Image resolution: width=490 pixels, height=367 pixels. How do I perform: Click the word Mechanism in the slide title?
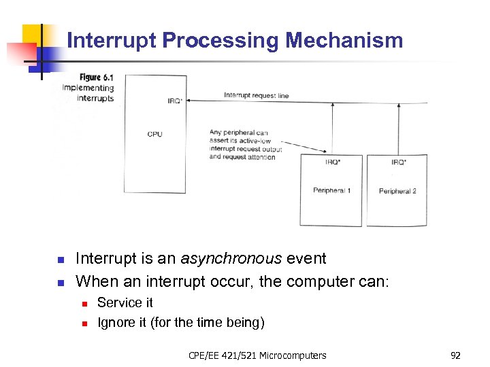tap(344, 41)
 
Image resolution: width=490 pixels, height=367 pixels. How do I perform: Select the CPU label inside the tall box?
tap(154, 134)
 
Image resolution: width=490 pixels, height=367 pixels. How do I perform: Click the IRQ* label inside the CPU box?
tap(175, 101)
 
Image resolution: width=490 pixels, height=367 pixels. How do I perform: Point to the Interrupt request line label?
tap(256, 95)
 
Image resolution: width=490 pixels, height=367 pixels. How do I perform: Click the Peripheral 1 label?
tap(331, 191)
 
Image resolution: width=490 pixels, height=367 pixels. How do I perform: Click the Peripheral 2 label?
tap(397, 191)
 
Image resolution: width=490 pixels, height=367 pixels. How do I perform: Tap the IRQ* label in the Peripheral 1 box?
tap(333, 162)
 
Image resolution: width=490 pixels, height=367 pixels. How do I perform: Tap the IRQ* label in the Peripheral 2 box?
tap(399, 162)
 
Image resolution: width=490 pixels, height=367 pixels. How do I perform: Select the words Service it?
tap(125, 303)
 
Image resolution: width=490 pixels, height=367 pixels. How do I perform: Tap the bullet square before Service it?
tap(84, 304)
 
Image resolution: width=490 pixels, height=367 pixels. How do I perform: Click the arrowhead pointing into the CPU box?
tap(189, 101)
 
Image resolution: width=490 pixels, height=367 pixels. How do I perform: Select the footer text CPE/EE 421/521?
tap(219, 355)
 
